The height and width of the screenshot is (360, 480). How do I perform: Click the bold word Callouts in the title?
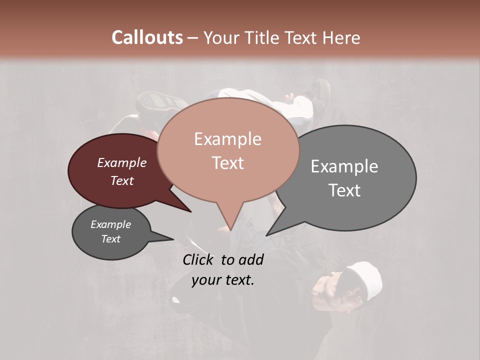coord(147,37)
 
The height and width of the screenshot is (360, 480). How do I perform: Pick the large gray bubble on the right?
coord(360,177)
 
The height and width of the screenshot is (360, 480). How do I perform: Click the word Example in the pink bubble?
coord(228,139)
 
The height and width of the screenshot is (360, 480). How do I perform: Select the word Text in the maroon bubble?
coord(122,181)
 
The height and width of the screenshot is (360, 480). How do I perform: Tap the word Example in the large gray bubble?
coord(344,166)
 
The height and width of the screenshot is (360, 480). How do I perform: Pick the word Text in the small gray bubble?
coord(111,239)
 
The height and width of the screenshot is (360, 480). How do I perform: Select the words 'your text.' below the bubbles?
coord(223,280)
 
